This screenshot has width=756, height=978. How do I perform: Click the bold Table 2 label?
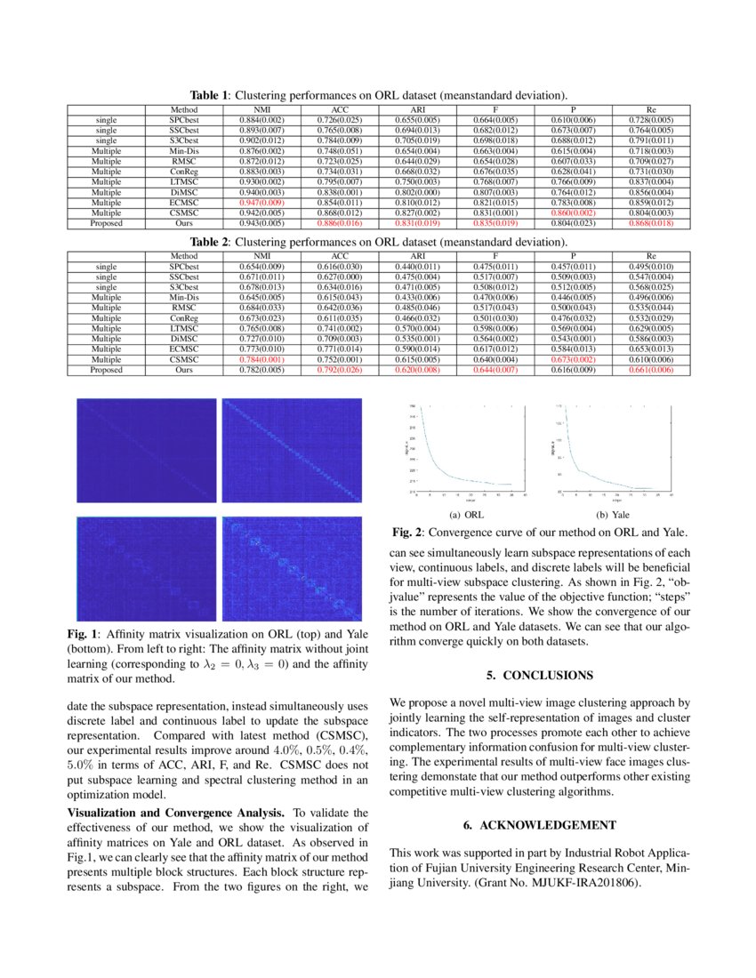[x=210, y=242]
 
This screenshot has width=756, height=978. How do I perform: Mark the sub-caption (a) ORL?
[x=467, y=515]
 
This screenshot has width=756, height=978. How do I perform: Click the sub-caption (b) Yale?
[x=613, y=515]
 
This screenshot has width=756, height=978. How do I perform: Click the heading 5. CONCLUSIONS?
[x=540, y=675]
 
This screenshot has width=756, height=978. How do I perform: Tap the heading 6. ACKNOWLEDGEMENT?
[x=540, y=824]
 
